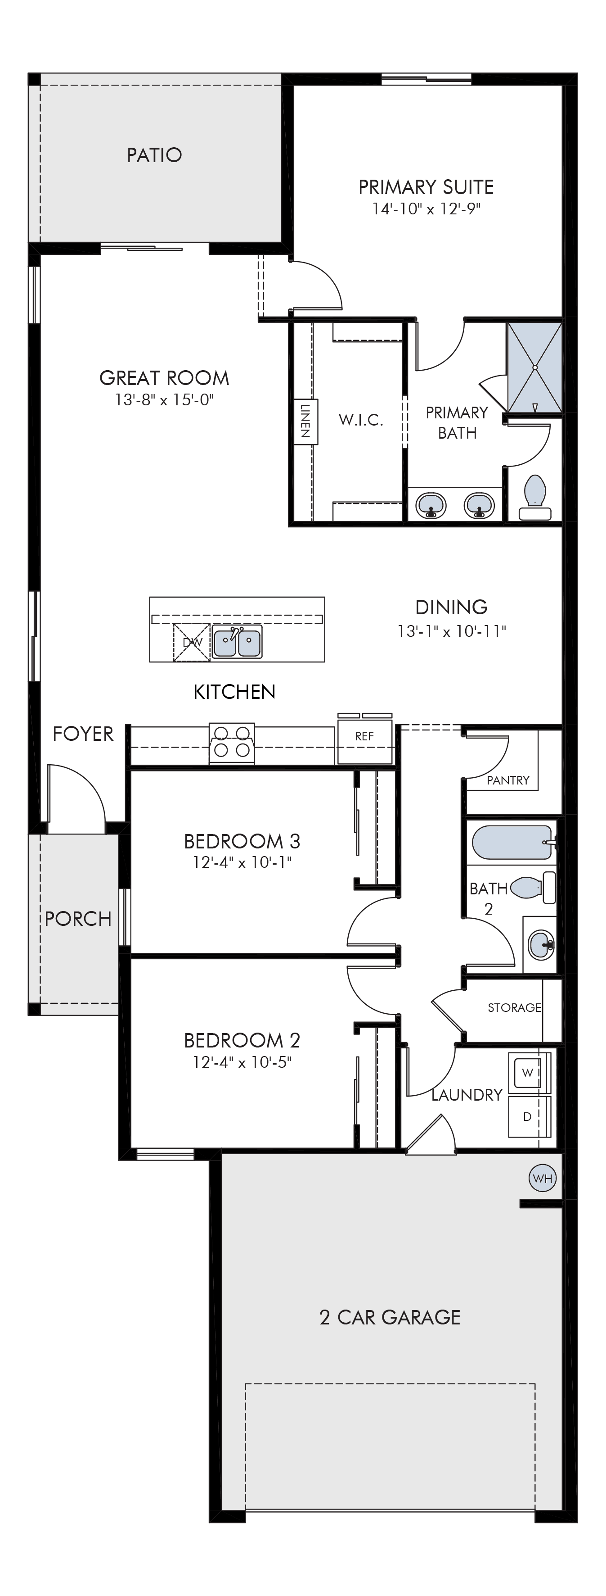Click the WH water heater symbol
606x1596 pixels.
(x=543, y=1178)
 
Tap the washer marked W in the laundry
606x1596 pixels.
(x=529, y=1072)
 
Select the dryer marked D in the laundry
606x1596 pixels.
(x=529, y=1116)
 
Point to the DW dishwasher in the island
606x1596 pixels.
(x=192, y=642)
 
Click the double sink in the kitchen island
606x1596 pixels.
(x=237, y=642)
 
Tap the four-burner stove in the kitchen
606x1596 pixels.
(x=232, y=743)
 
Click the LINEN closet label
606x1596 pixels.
(x=305, y=422)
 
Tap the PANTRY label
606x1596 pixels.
(x=508, y=780)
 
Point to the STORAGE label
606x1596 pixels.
(x=514, y=1007)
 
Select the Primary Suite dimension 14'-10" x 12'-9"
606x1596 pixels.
(x=426, y=209)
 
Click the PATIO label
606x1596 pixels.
(x=154, y=154)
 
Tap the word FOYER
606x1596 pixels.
(x=83, y=734)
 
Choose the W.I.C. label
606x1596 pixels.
(x=361, y=420)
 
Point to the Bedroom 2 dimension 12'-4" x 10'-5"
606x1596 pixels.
(x=242, y=1062)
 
